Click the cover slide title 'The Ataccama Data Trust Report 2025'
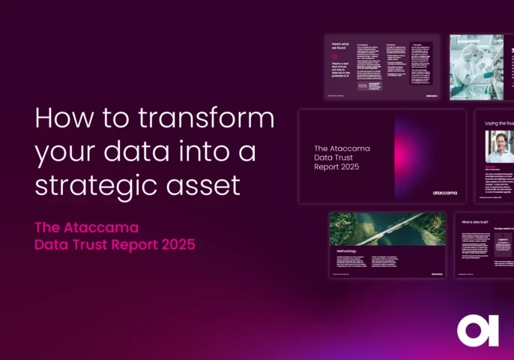point(342,157)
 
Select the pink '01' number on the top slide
point(336,55)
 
